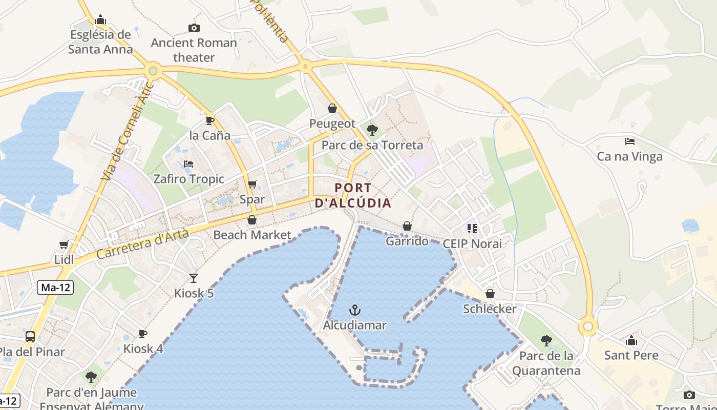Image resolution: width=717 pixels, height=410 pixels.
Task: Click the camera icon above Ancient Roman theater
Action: (194, 28)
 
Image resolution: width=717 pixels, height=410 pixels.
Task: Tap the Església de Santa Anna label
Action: (100, 42)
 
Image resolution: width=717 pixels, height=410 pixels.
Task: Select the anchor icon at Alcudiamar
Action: (354, 310)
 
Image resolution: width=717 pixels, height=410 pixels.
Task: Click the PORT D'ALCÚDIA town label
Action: (353, 195)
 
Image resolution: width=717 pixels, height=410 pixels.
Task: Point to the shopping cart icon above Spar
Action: (252, 184)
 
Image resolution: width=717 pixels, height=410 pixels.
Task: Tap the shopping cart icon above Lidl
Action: (64, 245)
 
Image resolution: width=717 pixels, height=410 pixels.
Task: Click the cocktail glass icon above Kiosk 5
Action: (194, 278)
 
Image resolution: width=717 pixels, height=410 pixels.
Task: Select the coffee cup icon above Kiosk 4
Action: (143, 334)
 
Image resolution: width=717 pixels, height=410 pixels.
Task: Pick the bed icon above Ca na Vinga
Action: (630, 141)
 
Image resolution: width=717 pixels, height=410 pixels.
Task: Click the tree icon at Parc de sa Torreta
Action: (372, 130)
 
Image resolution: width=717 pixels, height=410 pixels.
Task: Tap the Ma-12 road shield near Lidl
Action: (55, 288)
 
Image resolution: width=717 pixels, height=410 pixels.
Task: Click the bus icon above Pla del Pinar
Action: (30, 337)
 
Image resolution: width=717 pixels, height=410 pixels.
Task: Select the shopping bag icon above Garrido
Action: (407, 226)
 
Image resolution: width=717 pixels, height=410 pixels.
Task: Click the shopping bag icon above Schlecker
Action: (490, 294)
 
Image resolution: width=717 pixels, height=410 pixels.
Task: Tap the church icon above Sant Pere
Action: (631, 340)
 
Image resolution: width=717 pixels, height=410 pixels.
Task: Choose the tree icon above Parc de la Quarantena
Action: (546, 340)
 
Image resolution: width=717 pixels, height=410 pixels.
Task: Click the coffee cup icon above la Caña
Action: (209, 120)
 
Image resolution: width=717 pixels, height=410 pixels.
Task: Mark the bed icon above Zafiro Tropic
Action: (188, 164)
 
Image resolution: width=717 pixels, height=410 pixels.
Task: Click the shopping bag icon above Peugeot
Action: (332, 109)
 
